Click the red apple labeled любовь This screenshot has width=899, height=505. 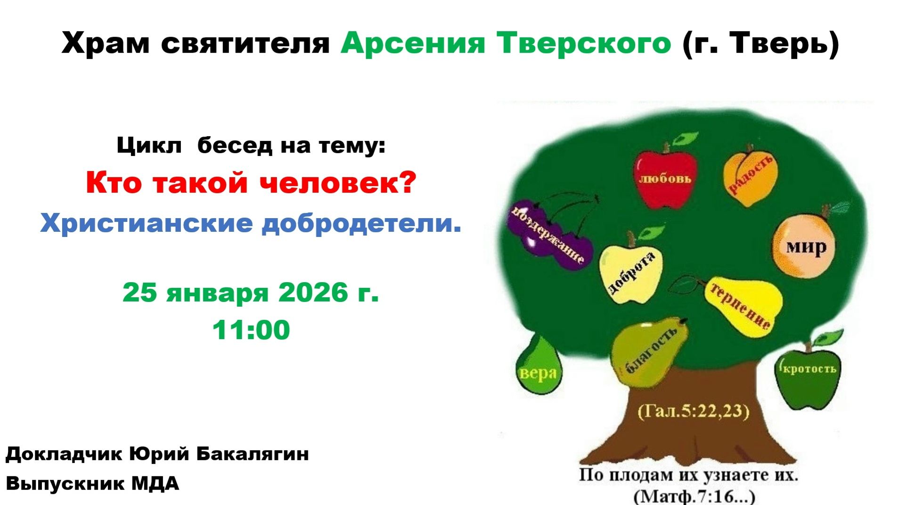tap(665, 179)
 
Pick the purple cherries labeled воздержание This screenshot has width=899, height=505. tap(549, 236)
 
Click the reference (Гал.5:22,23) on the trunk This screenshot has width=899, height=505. tap(693, 411)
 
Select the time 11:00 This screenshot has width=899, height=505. tap(251, 330)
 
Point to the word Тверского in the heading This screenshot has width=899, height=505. tap(584, 43)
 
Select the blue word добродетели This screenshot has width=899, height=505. tap(361, 223)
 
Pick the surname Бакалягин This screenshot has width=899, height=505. tap(253, 454)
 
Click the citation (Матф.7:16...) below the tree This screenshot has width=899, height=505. tap(695, 497)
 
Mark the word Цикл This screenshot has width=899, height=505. tap(149, 146)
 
